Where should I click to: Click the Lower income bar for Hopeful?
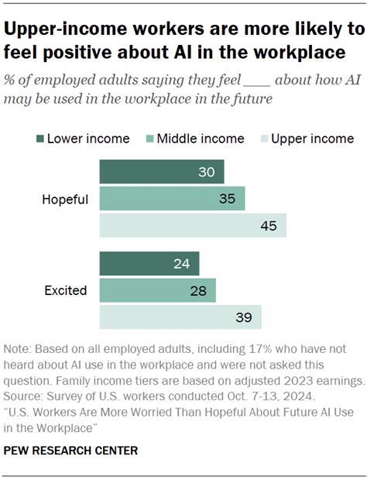point(161,172)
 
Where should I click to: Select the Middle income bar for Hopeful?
point(172,198)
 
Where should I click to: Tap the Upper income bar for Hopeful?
point(193,225)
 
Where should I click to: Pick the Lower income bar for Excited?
point(149,263)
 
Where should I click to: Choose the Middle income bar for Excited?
point(157,290)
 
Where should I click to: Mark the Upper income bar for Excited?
point(180,317)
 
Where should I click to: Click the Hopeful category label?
point(65,199)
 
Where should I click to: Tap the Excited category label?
point(67,291)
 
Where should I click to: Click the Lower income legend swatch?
point(38,139)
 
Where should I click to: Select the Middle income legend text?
point(201,139)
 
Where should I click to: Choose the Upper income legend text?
point(314,139)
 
